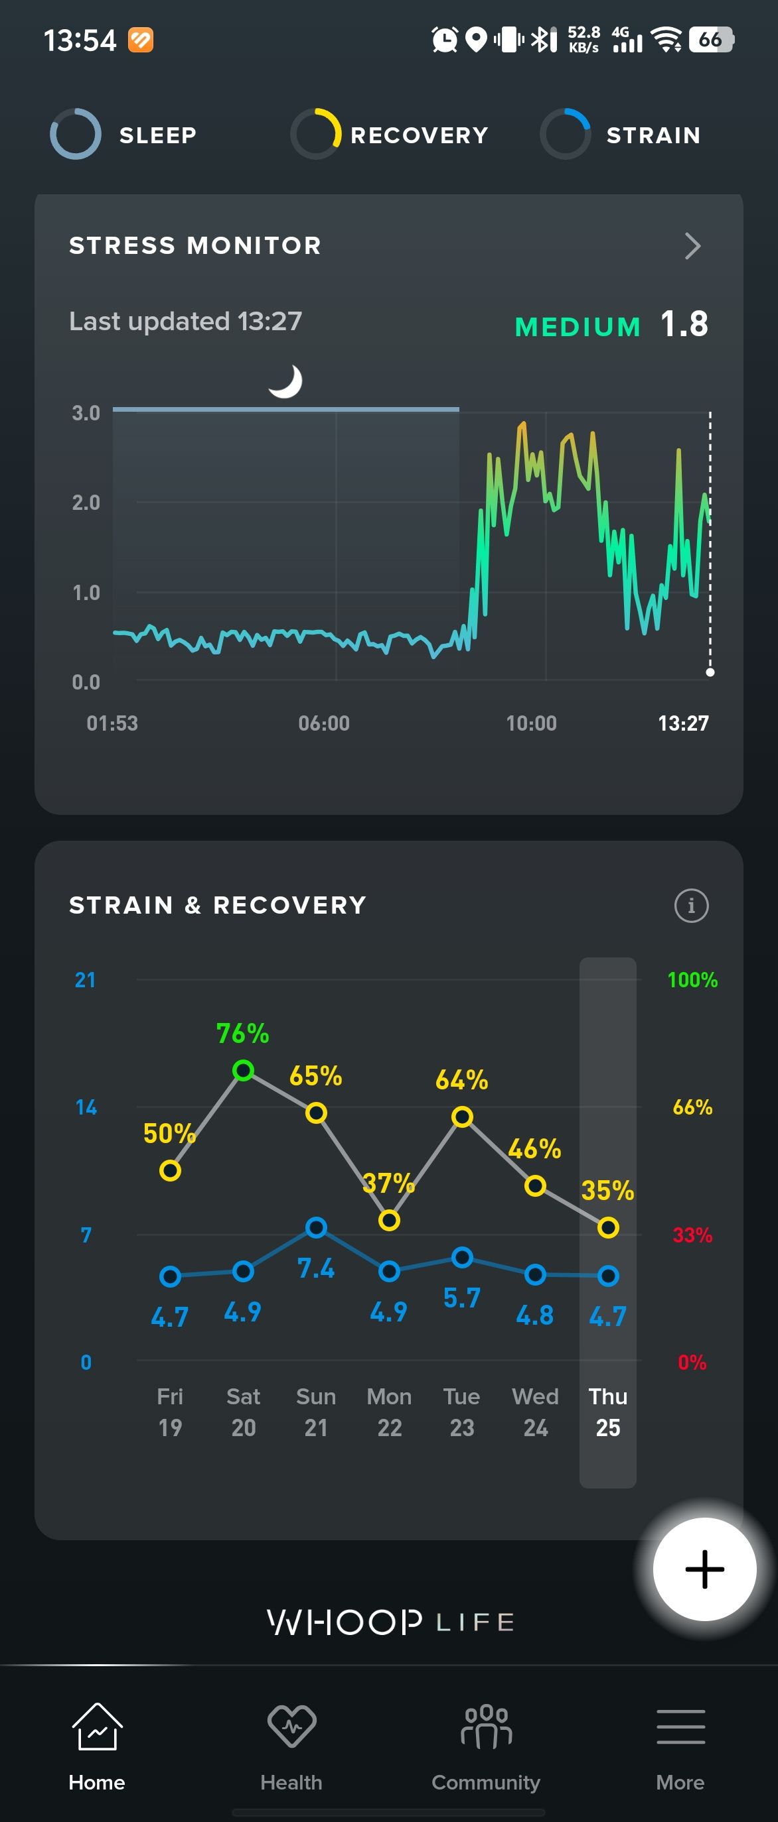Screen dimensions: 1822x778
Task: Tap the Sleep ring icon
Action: [x=76, y=134]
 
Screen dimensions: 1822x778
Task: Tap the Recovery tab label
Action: [x=419, y=135]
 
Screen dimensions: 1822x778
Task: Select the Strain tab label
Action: [x=653, y=135]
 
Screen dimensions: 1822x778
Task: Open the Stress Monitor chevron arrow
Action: [x=692, y=246]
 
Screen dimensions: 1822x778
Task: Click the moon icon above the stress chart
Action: [x=286, y=381]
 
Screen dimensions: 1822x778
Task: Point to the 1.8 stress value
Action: [x=684, y=325]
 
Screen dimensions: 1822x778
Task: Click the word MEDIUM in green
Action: [x=578, y=327]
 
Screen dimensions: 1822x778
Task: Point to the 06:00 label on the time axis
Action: [x=323, y=723]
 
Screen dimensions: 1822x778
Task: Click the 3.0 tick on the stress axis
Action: [x=86, y=413]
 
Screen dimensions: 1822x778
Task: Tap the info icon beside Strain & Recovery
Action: [x=691, y=905]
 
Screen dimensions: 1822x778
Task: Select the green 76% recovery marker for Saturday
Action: [x=243, y=1070]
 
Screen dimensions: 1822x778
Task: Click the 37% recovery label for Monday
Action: [x=388, y=1183]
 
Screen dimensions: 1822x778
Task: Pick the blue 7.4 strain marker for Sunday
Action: [x=316, y=1227]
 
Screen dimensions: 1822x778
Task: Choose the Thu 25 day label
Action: [x=607, y=1412]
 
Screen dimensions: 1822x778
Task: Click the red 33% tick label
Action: [x=692, y=1235]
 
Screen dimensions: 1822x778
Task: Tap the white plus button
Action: [x=704, y=1569]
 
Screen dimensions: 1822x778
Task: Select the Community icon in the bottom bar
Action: [x=486, y=1727]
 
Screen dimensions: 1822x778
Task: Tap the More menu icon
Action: [x=680, y=1727]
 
